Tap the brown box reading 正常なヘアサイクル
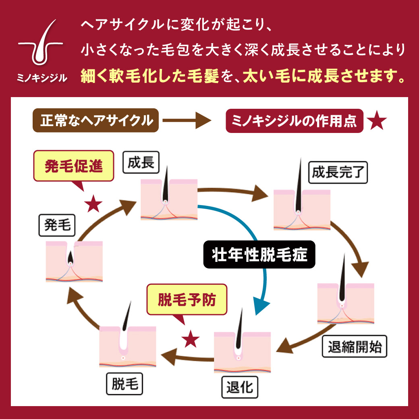pos(95,120)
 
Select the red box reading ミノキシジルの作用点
pos(295,120)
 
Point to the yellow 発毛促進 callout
pos(74,166)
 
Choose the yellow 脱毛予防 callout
pos(187,300)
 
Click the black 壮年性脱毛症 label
pos(259,255)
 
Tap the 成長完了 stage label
pos(338,173)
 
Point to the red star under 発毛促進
pos(93,204)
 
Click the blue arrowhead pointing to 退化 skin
pos(260,306)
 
